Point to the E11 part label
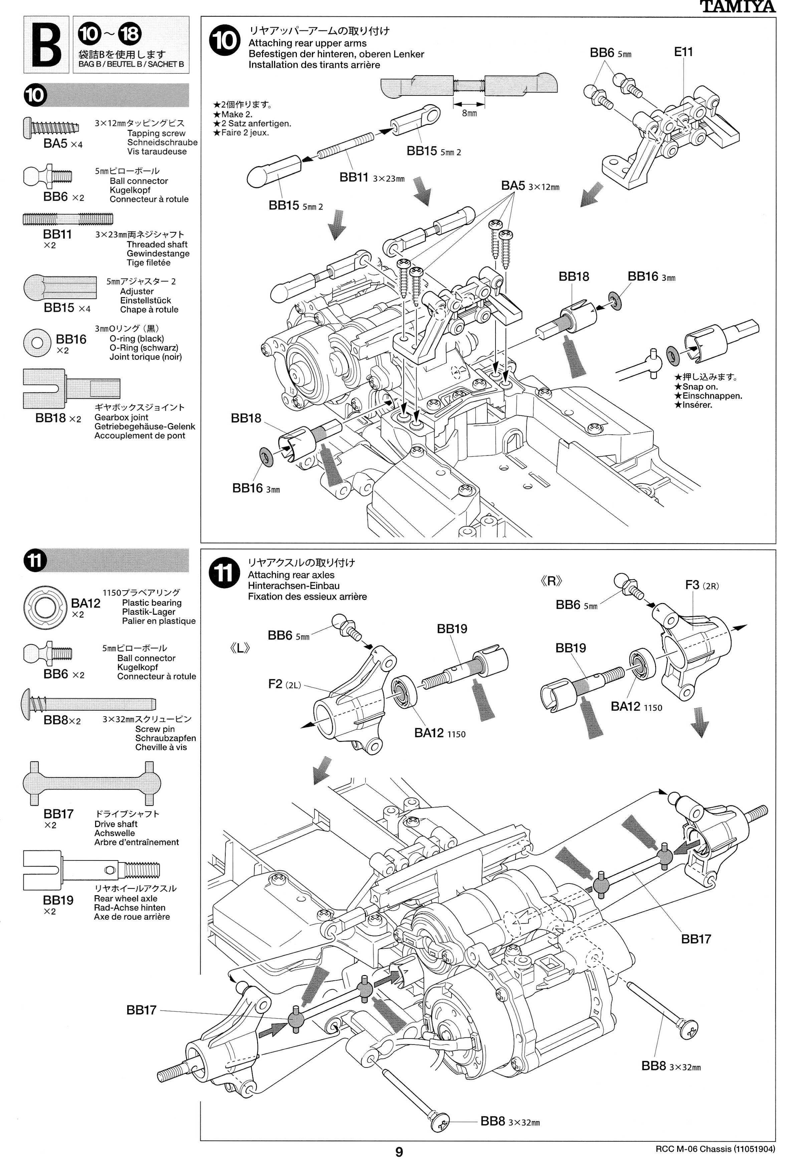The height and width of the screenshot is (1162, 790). [x=683, y=52]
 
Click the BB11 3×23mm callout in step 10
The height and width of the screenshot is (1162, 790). [x=372, y=178]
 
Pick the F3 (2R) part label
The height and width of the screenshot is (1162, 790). [x=702, y=585]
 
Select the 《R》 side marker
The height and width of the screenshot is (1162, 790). [x=551, y=581]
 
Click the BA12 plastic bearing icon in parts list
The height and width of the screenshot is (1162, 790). [x=45, y=606]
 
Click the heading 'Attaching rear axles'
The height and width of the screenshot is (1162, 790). [x=291, y=575]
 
